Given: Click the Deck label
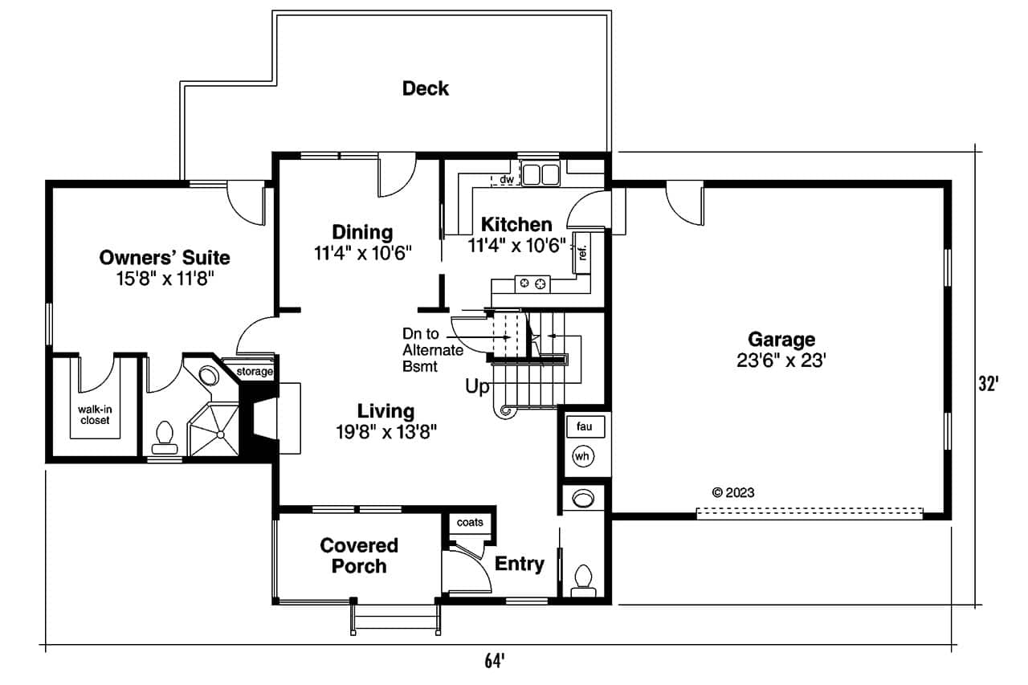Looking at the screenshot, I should (x=426, y=88).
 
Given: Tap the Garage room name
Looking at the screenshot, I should (x=781, y=339).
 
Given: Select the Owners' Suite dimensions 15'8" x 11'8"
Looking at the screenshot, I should (x=165, y=279).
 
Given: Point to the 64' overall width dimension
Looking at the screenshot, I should (x=494, y=662).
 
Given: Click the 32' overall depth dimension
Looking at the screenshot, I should (x=988, y=385).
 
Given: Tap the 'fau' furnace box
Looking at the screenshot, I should (x=584, y=427).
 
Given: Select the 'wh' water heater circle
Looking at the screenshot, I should (x=582, y=457).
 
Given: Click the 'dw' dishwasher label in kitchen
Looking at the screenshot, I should (x=506, y=179).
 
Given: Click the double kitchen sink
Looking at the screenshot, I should (x=540, y=173).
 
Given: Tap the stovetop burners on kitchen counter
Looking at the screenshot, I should (x=532, y=283).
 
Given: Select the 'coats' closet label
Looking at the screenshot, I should (x=470, y=522).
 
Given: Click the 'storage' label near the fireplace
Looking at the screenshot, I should (x=255, y=372).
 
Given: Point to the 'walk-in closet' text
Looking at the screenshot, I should (x=94, y=414).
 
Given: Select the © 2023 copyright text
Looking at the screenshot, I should (x=733, y=493).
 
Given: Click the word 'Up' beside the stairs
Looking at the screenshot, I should (x=477, y=387).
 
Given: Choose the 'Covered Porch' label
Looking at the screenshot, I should (x=359, y=556).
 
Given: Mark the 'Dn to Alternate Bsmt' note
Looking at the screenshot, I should (x=433, y=350).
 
